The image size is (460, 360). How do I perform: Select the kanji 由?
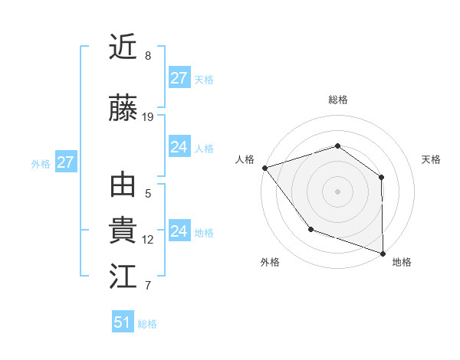(x=123, y=186)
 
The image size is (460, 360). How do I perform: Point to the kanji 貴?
(x=123, y=231)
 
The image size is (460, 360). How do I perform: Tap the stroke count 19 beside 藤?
(x=148, y=117)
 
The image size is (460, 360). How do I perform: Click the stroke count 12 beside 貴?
(x=148, y=240)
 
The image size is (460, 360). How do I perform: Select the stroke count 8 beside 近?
(x=148, y=56)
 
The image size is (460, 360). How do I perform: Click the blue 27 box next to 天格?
(x=179, y=78)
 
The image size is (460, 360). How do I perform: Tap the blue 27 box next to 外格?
(x=65, y=162)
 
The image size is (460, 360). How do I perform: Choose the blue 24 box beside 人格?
(x=179, y=147)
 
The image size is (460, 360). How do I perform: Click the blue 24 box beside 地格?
(x=179, y=231)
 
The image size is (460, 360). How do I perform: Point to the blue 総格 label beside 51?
(x=147, y=324)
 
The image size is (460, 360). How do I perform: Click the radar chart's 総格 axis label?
(x=337, y=100)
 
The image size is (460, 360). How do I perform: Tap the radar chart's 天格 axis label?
(x=431, y=159)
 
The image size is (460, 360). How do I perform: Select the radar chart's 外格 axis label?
(x=270, y=263)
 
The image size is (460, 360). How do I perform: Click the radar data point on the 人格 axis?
(x=264, y=168)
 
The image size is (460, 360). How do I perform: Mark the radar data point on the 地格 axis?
(x=383, y=252)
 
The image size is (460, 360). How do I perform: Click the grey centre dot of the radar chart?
(x=337, y=191)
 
